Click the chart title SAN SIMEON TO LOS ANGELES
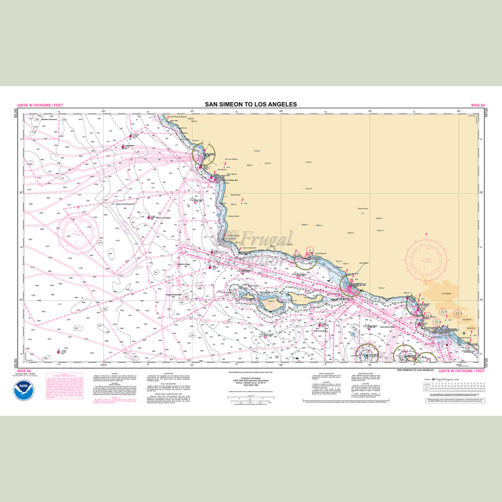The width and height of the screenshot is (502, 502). (x=251, y=105)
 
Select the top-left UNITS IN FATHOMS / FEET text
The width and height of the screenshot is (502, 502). (x=40, y=106)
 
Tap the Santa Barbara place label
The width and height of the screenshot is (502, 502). (x=321, y=253)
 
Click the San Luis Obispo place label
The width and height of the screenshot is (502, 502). (x=231, y=159)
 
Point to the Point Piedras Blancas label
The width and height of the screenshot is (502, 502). (x=178, y=117)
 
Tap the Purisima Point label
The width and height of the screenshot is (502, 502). (x=233, y=216)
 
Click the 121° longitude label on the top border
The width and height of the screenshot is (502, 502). (x=192, y=112)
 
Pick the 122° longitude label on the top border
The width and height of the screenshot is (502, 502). (x=103, y=112)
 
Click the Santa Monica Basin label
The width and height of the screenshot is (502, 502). (x=387, y=327)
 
